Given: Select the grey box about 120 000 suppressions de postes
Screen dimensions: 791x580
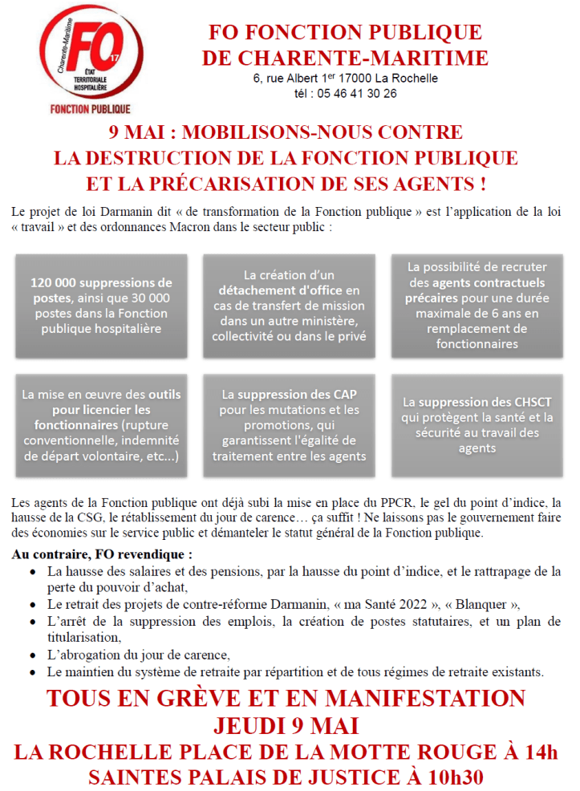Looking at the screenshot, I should click(101, 306).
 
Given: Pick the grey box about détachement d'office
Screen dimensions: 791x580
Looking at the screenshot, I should click(290, 306).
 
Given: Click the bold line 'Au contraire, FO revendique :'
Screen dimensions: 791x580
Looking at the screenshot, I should click(102, 554).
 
